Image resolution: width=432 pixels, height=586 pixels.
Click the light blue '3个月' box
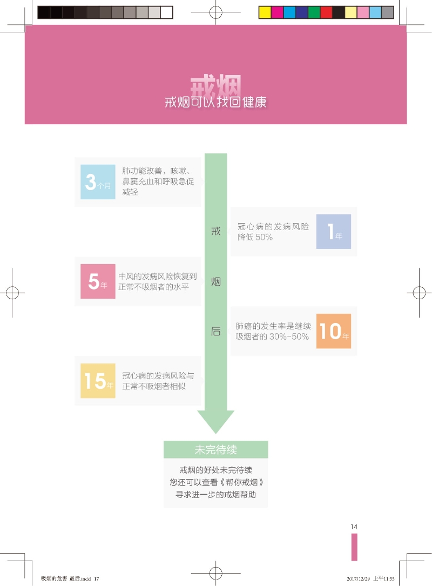pos(98,181)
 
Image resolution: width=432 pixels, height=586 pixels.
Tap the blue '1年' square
pos(333,231)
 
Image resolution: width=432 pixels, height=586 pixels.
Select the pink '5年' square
pos(98,281)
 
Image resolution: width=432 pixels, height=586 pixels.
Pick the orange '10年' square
pos(333,331)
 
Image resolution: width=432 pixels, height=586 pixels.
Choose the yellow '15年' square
pos(98,380)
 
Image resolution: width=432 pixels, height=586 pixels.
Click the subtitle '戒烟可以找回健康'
pos(215,102)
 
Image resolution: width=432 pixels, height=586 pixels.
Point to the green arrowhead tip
pos(215,433)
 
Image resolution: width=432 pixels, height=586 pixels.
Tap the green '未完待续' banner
pos(215,449)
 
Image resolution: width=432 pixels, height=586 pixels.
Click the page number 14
pos(354,527)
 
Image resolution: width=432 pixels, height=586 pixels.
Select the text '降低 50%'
pos(255,237)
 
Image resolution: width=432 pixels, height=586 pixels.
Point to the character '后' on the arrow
pos(215,331)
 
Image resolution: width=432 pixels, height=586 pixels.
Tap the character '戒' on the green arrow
pos(215,231)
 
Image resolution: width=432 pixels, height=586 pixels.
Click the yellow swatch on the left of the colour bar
pos(265,12)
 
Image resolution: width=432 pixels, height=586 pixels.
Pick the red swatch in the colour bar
pos(326,12)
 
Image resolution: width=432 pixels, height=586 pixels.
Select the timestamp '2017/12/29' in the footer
pos(359,578)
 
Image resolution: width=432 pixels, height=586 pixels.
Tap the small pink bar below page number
pos(354,547)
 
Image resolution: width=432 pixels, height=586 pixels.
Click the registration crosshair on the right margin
pos(419,293)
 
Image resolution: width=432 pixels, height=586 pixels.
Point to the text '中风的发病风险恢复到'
pos(157,276)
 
